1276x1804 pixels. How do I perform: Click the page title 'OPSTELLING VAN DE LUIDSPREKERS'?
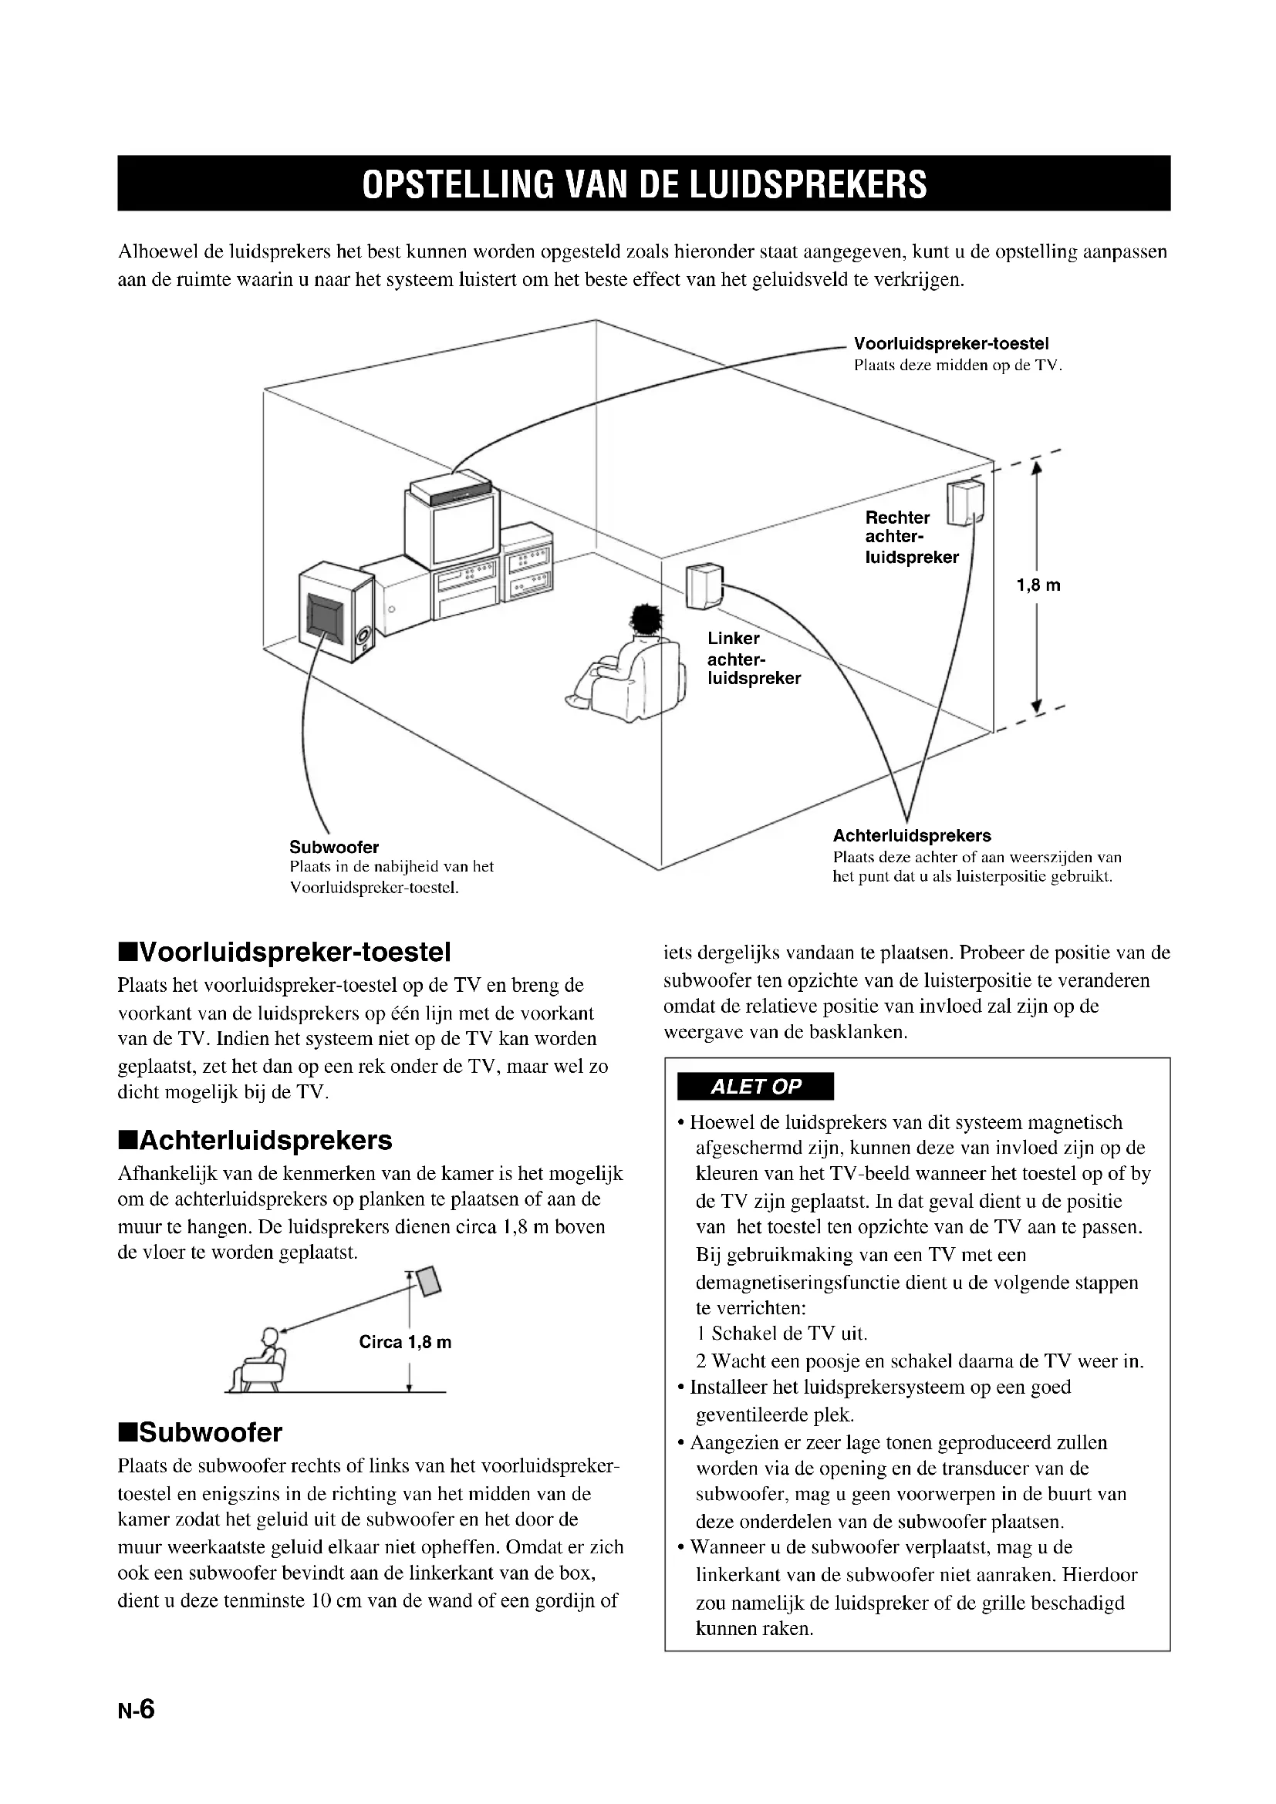[x=643, y=184]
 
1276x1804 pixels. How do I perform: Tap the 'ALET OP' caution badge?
[x=754, y=1087]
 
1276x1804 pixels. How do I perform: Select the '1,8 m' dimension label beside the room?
[x=1038, y=585]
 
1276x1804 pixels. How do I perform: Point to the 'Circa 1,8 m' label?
[x=405, y=1342]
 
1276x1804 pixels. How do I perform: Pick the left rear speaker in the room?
[x=704, y=586]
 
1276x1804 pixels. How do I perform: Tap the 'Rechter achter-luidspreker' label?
[x=911, y=538]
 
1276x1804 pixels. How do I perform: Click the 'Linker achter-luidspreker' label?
[x=754, y=659]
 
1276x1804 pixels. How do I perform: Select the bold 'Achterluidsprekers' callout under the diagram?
[x=911, y=836]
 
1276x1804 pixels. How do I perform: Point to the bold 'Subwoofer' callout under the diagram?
[x=334, y=847]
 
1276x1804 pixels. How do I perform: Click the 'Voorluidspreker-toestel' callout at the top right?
[x=950, y=343]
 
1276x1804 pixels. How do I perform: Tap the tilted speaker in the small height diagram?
[x=429, y=1282]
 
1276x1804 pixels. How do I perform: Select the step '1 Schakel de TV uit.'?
[x=781, y=1334]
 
